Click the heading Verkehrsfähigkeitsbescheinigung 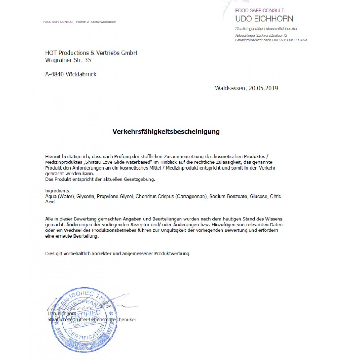click(x=166, y=132)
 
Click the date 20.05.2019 click(x=263, y=88)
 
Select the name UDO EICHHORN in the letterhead click(x=264, y=19)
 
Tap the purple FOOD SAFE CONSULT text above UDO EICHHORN click(x=260, y=10)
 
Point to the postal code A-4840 click(x=55, y=75)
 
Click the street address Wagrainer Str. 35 click(x=68, y=60)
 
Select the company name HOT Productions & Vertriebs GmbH click(x=91, y=53)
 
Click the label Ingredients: click(x=58, y=191)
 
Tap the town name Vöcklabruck click(x=81, y=75)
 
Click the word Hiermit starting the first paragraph click(x=54, y=157)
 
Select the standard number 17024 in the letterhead click(x=301, y=40)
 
